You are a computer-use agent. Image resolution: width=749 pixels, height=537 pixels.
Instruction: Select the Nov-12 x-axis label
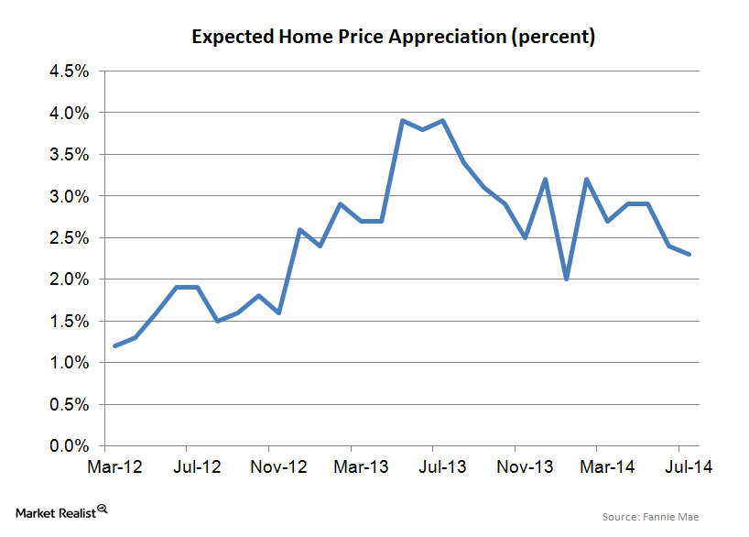[278, 466]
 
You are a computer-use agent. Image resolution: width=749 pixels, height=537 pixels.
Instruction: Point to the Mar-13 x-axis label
[363, 466]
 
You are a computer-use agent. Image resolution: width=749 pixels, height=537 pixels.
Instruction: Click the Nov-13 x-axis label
[526, 466]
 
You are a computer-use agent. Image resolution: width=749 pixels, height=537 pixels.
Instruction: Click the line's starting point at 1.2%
[114, 346]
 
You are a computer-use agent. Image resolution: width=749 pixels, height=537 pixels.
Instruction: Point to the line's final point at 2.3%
[689, 255]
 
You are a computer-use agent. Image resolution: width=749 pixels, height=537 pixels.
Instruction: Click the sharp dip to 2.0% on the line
[567, 279]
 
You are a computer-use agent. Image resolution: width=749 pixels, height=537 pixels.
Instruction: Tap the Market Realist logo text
[49, 510]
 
